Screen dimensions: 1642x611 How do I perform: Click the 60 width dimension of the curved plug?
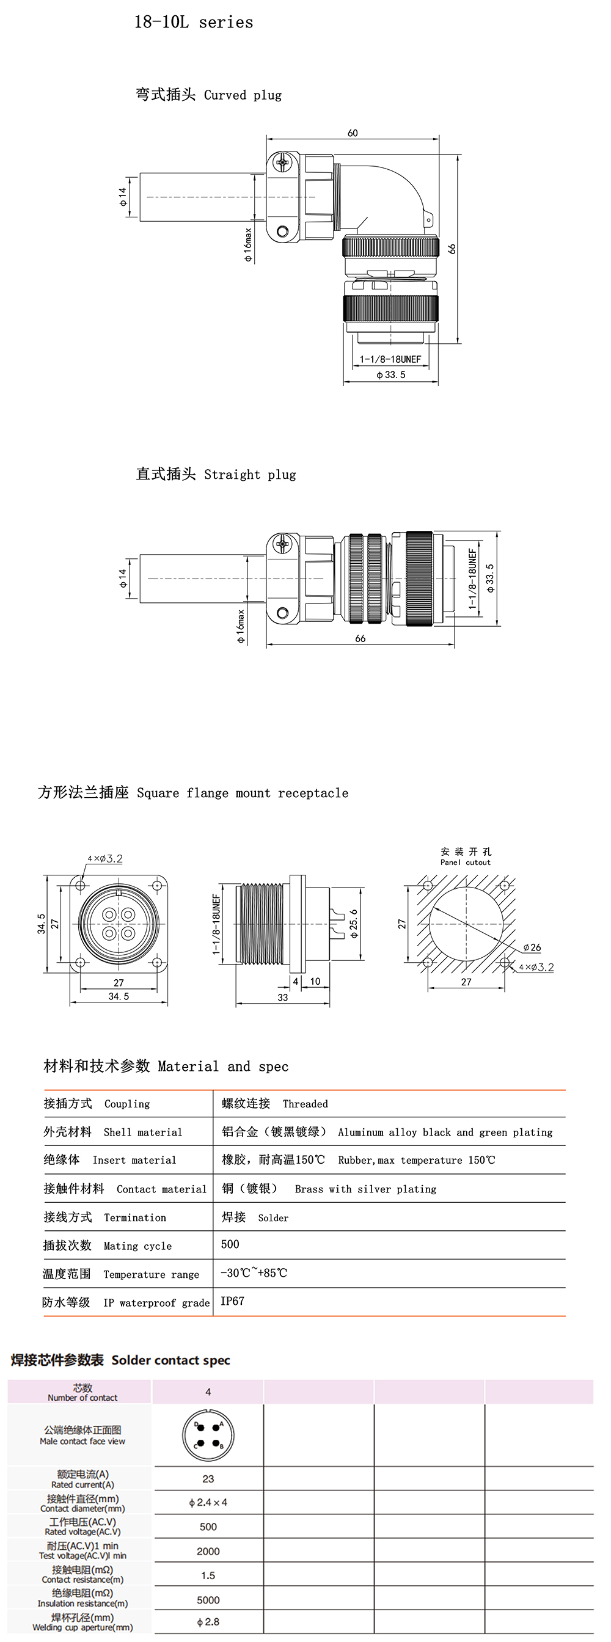(353, 133)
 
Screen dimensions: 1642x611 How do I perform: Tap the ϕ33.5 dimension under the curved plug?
(390, 375)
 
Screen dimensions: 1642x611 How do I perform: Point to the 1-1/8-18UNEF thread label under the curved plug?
(390, 360)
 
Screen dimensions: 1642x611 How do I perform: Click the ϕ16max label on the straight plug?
(241, 626)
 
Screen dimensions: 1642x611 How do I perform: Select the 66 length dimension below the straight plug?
(360, 638)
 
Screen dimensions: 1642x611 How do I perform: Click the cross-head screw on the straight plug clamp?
(282, 544)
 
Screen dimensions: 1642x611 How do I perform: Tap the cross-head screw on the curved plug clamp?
(282, 162)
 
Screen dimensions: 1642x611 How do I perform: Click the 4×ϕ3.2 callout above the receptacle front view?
(105, 859)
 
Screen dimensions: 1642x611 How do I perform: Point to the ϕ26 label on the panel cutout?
(532, 948)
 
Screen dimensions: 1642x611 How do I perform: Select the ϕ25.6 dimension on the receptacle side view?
(354, 924)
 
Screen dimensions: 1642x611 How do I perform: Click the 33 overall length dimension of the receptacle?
(282, 998)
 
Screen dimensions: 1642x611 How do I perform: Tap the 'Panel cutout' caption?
(466, 863)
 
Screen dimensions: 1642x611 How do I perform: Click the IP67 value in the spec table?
(232, 1301)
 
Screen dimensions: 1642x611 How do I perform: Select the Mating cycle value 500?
(230, 1244)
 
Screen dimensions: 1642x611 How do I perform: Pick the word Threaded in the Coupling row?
(305, 1104)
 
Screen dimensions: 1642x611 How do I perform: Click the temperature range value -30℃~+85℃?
(254, 1273)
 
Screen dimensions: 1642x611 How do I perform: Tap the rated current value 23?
(208, 1479)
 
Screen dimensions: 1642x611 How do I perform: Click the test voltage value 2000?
(208, 1552)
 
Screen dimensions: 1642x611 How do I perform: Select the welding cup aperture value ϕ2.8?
(208, 1622)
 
